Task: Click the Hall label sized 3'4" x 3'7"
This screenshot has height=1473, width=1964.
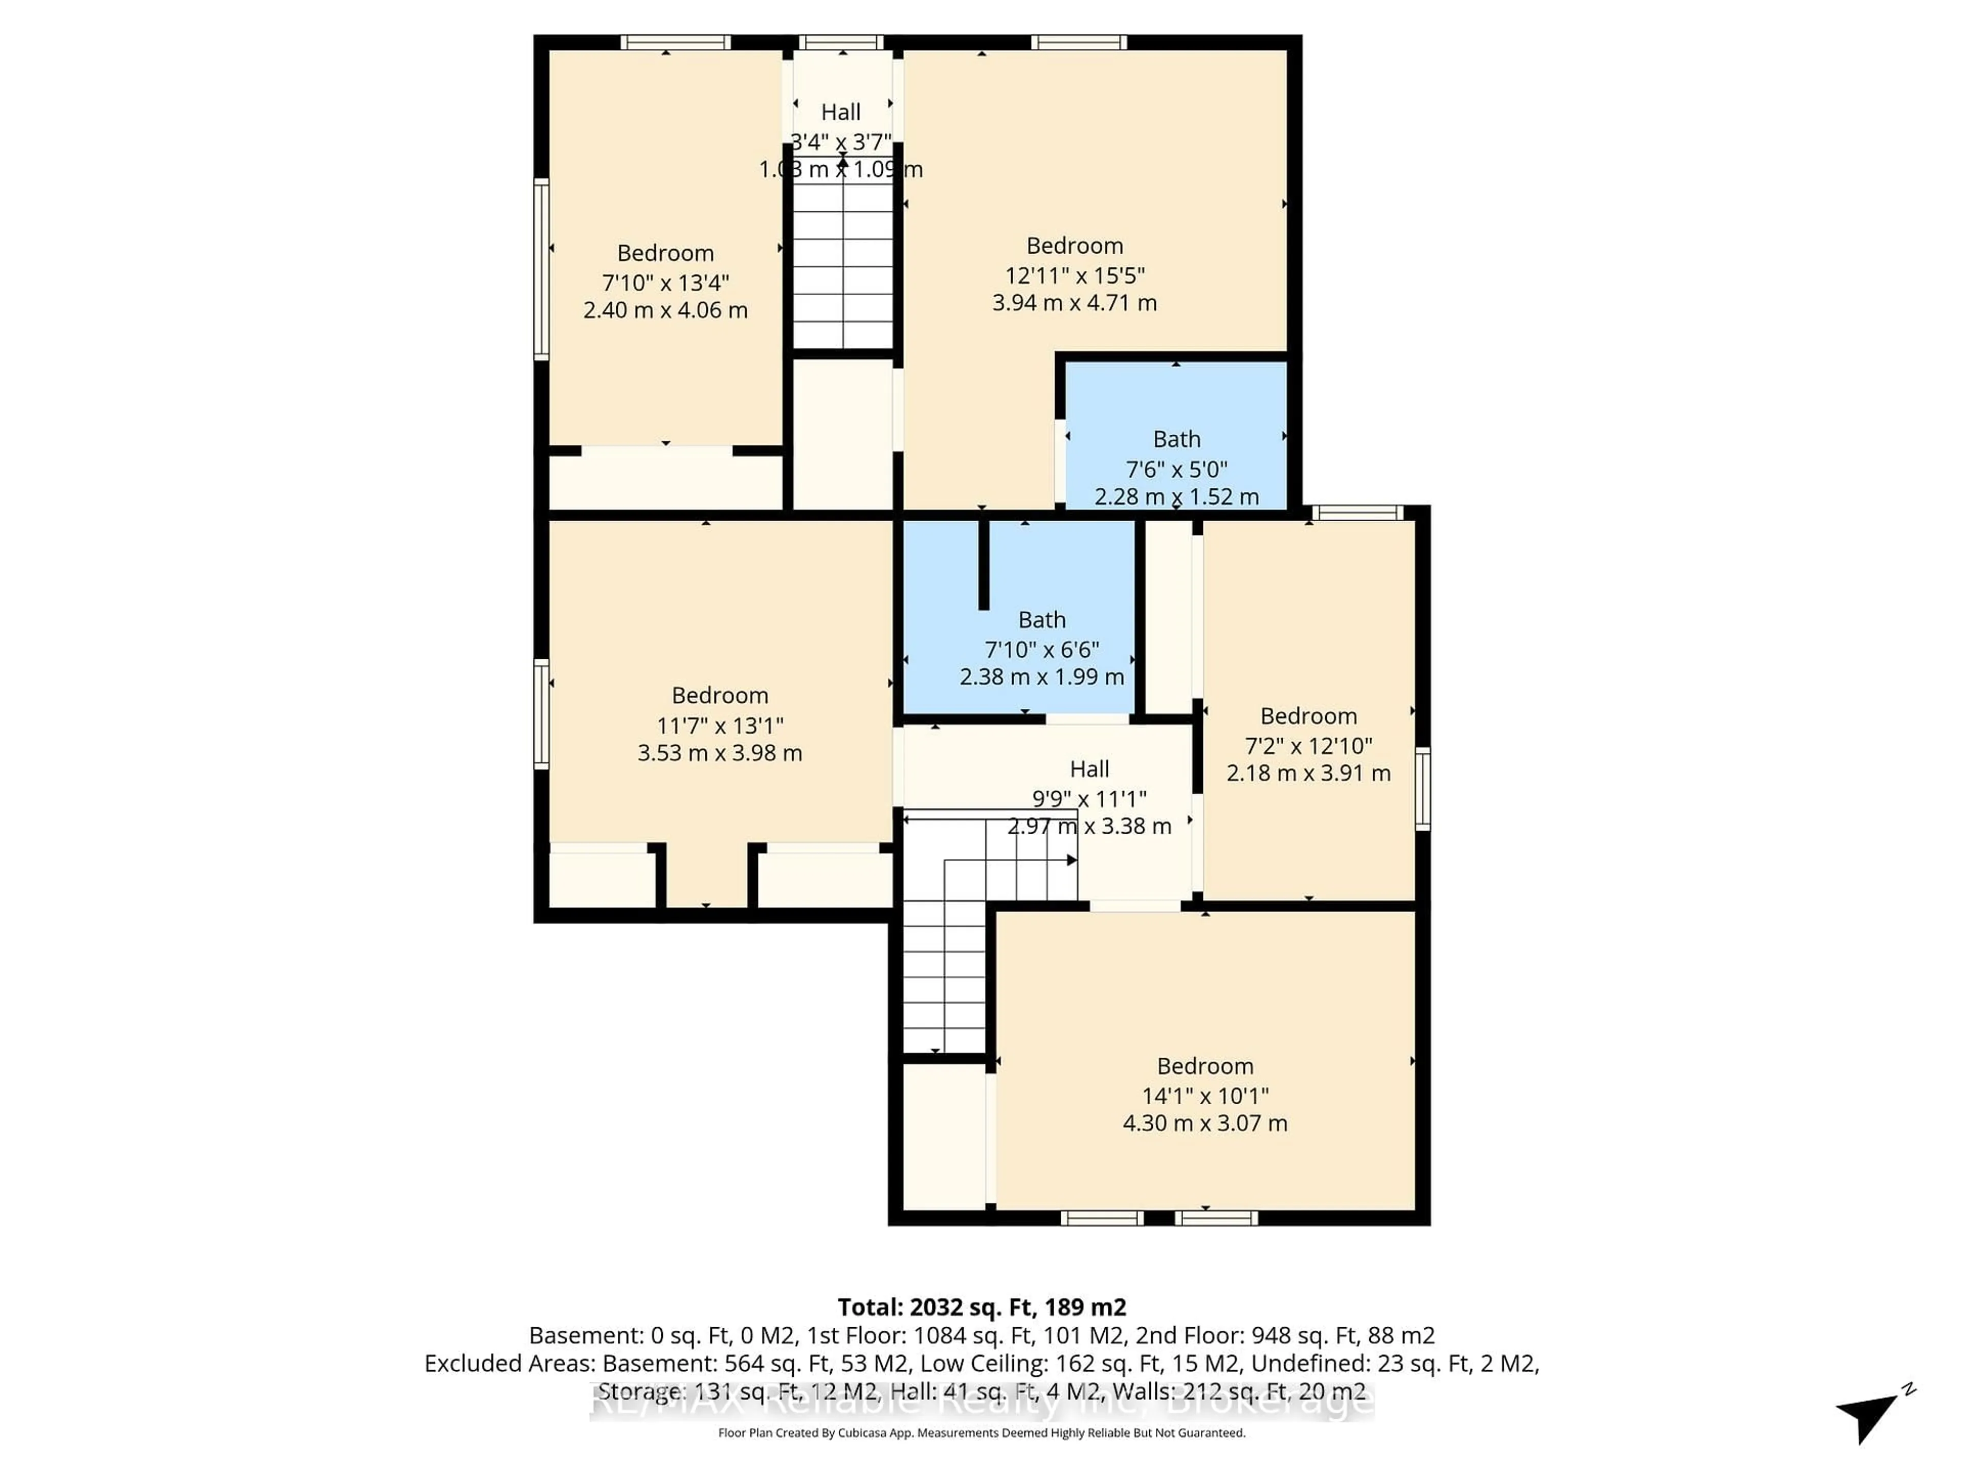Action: point(841,113)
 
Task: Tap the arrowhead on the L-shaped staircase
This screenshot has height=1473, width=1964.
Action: point(1072,859)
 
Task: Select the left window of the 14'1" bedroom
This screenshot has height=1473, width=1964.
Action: point(1101,1218)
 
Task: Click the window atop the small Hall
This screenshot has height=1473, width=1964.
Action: point(841,42)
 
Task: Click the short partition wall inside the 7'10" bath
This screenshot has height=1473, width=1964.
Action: point(983,565)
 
